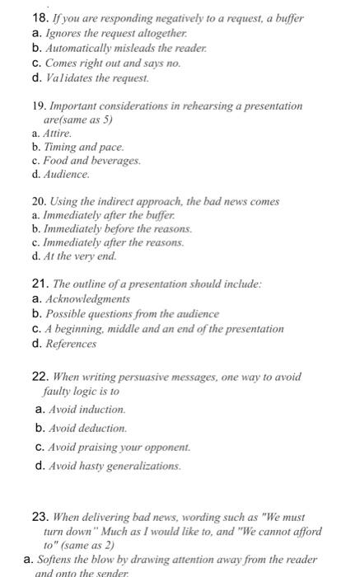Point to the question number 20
click(37, 201)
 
